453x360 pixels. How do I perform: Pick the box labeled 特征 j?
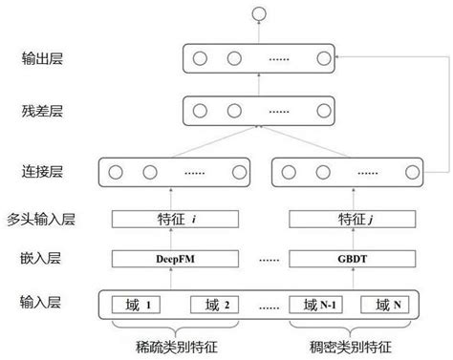click(348, 219)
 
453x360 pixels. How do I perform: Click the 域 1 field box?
click(140, 306)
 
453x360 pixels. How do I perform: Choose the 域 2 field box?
click(220, 306)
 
